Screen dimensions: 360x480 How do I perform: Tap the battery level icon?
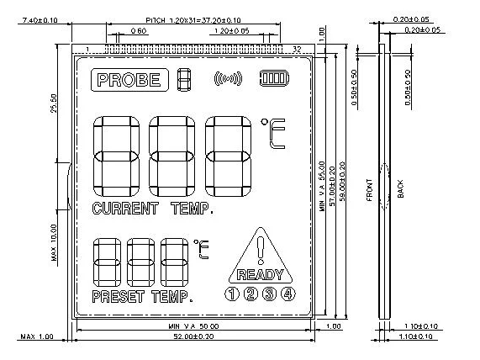pyautogui.click(x=273, y=79)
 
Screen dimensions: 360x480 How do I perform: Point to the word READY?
pyautogui.click(x=261, y=274)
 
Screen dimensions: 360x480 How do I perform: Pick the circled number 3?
pyautogui.click(x=270, y=294)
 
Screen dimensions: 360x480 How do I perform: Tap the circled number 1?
pyautogui.click(x=230, y=294)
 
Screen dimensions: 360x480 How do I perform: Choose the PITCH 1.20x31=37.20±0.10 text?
pyautogui.click(x=193, y=19)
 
